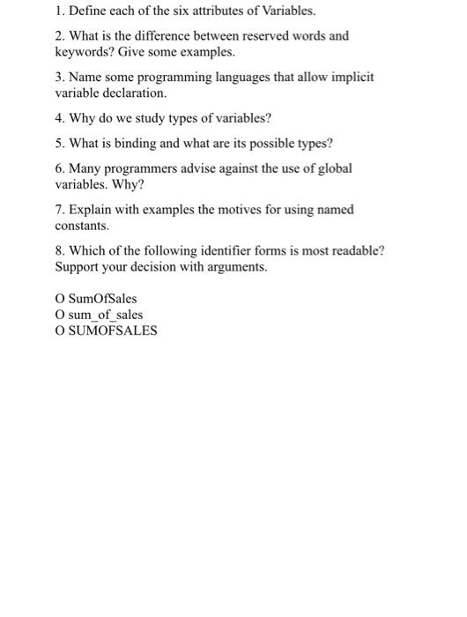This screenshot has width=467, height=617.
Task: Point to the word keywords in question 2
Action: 82,51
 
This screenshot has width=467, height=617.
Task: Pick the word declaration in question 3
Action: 137,92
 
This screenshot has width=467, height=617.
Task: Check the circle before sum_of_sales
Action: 60,315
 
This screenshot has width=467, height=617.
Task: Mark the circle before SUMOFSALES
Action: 60,331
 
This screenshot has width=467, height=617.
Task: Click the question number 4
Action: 60,117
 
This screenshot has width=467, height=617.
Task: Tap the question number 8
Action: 60,250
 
